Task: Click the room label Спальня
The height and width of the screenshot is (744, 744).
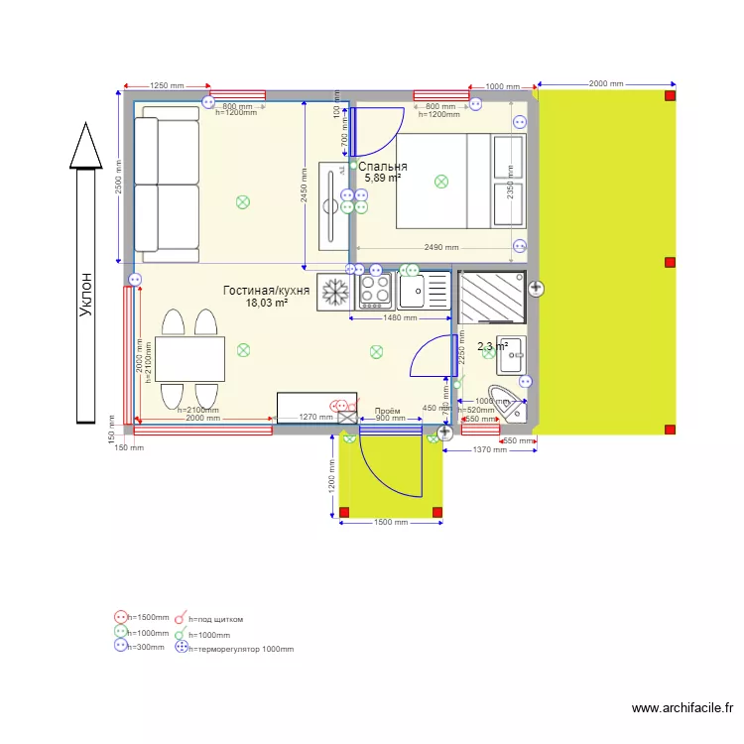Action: pyautogui.click(x=383, y=167)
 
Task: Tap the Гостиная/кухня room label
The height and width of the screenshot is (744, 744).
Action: pyautogui.click(x=266, y=291)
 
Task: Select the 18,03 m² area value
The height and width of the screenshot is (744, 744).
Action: pyautogui.click(x=267, y=304)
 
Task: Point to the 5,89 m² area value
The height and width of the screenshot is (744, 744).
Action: pyautogui.click(x=383, y=179)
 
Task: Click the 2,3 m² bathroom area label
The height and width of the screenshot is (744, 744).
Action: pyautogui.click(x=492, y=347)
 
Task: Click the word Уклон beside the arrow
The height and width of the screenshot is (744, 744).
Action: pyautogui.click(x=87, y=296)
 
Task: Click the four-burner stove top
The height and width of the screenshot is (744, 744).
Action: pyautogui.click(x=376, y=289)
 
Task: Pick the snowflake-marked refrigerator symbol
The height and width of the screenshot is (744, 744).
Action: pyautogui.click(x=335, y=292)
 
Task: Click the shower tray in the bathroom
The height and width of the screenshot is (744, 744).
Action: pyautogui.click(x=491, y=296)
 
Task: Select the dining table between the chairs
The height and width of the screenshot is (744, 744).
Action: pyautogui.click(x=188, y=359)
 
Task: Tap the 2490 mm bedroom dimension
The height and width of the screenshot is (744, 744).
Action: pyautogui.click(x=440, y=247)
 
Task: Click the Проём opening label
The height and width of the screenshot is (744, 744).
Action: pyautogui.click(x=387, y=411)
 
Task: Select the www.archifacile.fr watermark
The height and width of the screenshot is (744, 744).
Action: pyautogui.click(x=682, y=708)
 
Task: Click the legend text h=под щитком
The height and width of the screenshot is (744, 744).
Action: pyautogui.click(x=215, y=619)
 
